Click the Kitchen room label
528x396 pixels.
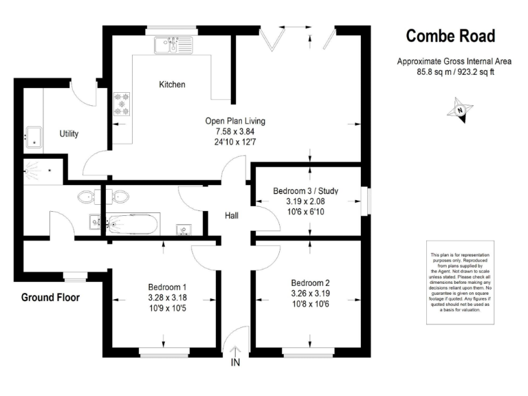[x=172, y=85]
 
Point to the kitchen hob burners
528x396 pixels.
[x=122, y=104]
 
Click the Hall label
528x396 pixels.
[x=232, y=216]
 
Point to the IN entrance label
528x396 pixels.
[x=236, y=362]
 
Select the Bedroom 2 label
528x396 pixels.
[x=310, y=283]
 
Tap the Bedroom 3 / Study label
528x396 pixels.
[x=305, y=190]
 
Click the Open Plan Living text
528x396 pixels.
[x=235, y=121]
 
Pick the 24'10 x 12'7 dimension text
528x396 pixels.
[x=235, y=142]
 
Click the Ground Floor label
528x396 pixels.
[x=50, y=298]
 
